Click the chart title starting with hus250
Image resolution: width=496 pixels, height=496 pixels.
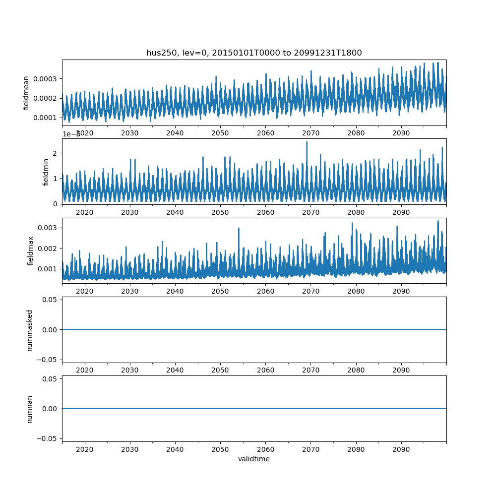click(254, 53)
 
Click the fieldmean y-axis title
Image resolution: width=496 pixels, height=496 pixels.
click(26, 93)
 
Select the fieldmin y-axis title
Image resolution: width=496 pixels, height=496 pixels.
click(46, 172)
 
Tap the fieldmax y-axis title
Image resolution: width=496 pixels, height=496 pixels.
click(31, 250)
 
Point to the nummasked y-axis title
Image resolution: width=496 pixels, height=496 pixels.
click(30, 330)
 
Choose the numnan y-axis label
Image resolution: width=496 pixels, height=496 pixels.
click(30, 409)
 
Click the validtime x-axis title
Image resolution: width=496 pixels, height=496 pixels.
click(254, 459)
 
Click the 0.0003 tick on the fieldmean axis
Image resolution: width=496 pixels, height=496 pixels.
click(45, 79)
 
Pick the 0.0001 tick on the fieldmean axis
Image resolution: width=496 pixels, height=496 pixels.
click(45, 118)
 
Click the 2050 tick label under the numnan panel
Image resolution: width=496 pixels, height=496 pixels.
click(220, 449)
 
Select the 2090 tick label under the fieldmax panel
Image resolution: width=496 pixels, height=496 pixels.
click(401, 291)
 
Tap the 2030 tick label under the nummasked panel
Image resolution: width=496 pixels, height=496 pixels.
click(129, 370)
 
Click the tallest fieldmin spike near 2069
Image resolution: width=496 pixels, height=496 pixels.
click(307, 142)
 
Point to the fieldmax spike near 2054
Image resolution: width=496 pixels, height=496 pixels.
click(239, 229)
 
